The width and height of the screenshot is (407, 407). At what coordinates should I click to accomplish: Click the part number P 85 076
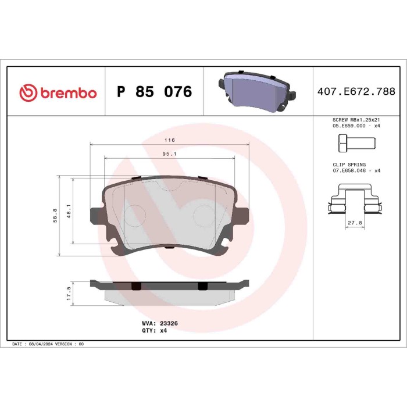click(x=154, y=92)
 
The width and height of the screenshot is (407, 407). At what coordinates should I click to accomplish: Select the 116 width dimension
click(x=169, y=141)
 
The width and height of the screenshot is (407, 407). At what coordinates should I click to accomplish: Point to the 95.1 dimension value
click(x=169, y=154)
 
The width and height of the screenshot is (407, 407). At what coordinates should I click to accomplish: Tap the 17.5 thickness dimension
click(x=69, y=292)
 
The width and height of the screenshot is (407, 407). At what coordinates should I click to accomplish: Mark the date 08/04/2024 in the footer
click(x=41, y=344)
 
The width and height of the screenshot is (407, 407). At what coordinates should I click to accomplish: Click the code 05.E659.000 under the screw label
click(x=348, y=126)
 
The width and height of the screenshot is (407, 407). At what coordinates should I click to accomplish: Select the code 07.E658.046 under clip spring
click(x=348, y=171)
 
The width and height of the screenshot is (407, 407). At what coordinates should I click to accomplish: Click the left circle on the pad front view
click(x=137, y=215)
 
